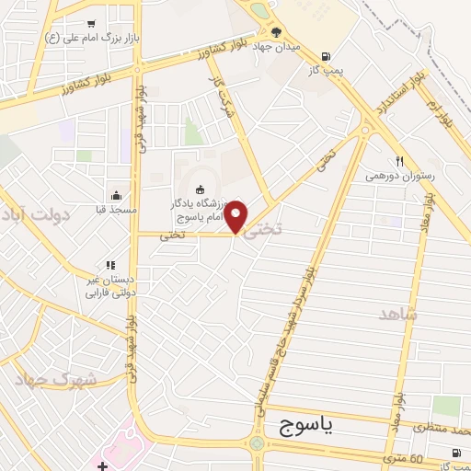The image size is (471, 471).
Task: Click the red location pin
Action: point(236,215)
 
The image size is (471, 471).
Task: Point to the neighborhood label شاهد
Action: point(397,315)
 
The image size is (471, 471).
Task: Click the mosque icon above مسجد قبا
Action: point(116,195)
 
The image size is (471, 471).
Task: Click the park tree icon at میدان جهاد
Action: point(276,32)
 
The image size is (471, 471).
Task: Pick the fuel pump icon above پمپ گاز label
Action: point(327,55)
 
